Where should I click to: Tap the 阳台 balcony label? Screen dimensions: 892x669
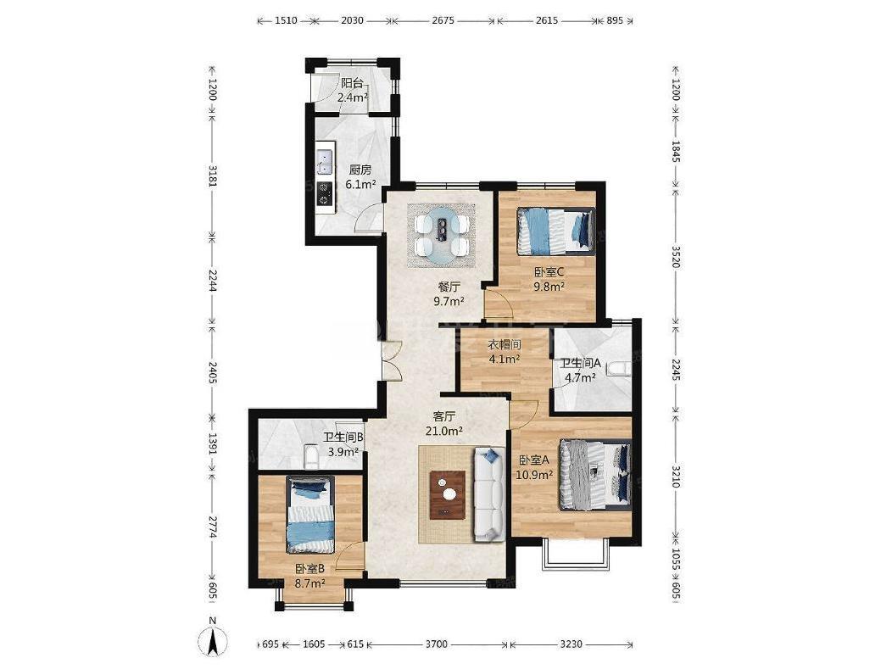[x=352, y=83]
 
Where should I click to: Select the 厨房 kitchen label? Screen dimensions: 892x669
[x=360, y=170]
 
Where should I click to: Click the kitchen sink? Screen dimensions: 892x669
[x=325, y=160]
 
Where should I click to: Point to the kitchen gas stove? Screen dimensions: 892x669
[x=325, y=192]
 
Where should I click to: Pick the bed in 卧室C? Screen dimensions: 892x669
[x=555, y=231]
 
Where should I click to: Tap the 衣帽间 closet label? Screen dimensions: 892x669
[x=505, y=345]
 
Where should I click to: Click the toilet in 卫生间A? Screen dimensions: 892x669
[x=618, y=369]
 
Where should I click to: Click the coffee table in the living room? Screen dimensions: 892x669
[x=447, y=494]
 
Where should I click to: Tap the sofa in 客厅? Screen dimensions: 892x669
[x=489, y=493]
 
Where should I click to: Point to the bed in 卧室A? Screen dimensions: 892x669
[x=595, y=475]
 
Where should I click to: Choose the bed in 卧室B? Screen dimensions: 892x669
[x=310, y=515]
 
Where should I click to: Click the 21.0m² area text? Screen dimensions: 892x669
[x=444, y=431]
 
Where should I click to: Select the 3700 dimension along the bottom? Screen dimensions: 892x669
[x=437, y=644]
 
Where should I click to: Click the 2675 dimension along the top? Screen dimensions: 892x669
[x=443, y=20]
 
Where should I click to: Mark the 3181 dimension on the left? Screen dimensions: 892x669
[x=212, y=176]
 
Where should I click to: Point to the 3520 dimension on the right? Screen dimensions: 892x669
[x=676, y=257]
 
